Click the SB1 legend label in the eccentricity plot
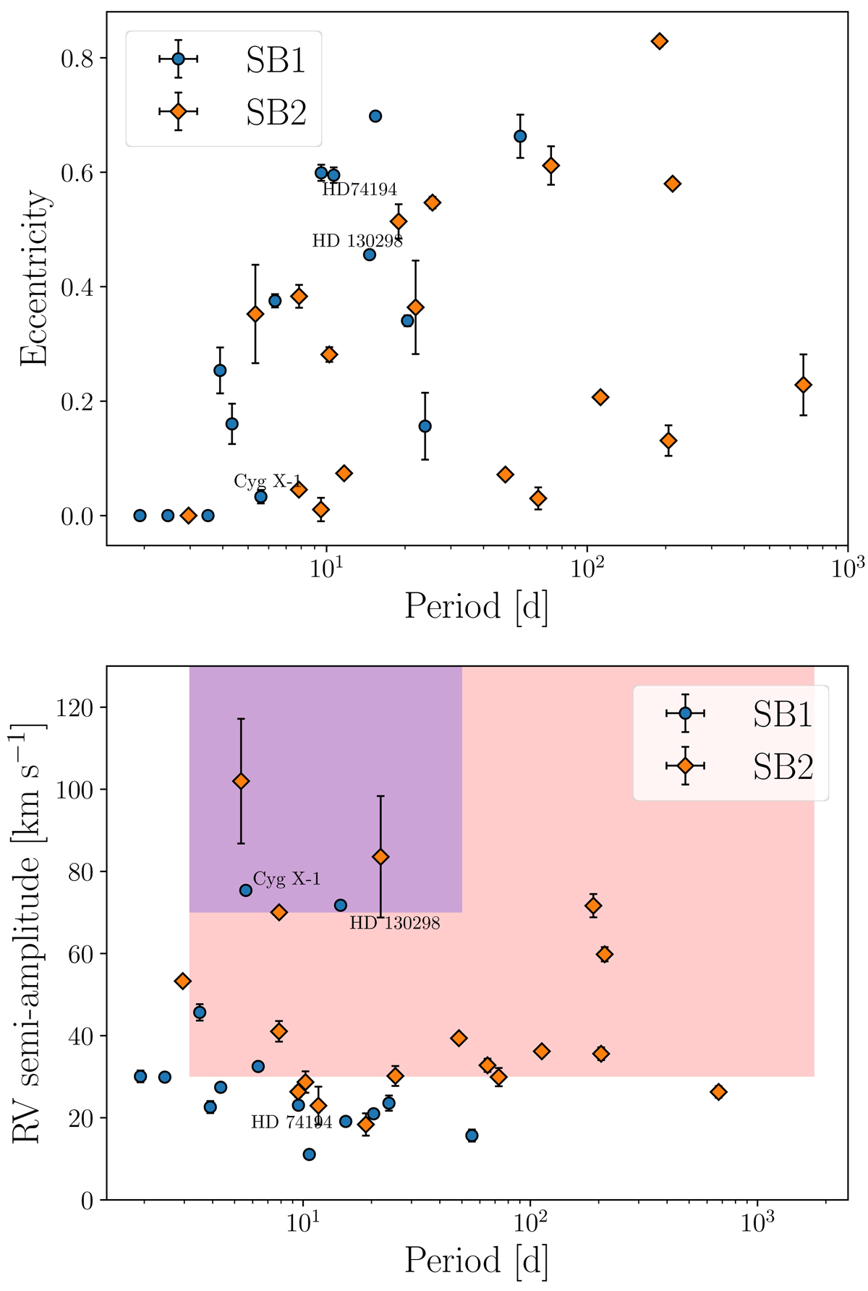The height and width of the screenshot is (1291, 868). [276, 61]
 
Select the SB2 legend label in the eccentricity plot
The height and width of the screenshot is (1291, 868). [276, 113]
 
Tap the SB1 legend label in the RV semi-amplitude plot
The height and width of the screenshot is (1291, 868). [783, 714]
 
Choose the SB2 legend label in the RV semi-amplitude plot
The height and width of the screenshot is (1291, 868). [783, 766]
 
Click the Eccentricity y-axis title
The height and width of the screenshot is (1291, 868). [35, 278]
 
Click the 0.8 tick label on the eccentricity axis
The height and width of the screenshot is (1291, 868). [77, 58]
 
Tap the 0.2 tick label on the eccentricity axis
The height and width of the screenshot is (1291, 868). [77, 401]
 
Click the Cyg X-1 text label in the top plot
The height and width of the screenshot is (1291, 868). [267, 481]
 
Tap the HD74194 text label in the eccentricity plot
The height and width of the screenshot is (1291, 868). [359, 189]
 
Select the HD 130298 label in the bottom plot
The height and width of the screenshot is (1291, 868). [394, 924]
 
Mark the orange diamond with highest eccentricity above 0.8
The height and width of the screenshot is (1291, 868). [659, 41]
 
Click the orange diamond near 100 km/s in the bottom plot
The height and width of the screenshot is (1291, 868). [242, 781]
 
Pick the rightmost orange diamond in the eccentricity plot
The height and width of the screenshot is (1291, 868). [803, 385]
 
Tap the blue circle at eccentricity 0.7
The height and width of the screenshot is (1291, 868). [375, 116]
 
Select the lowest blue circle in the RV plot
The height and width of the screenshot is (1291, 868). [309, 1154]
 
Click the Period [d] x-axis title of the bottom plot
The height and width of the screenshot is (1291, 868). [476, 1261]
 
